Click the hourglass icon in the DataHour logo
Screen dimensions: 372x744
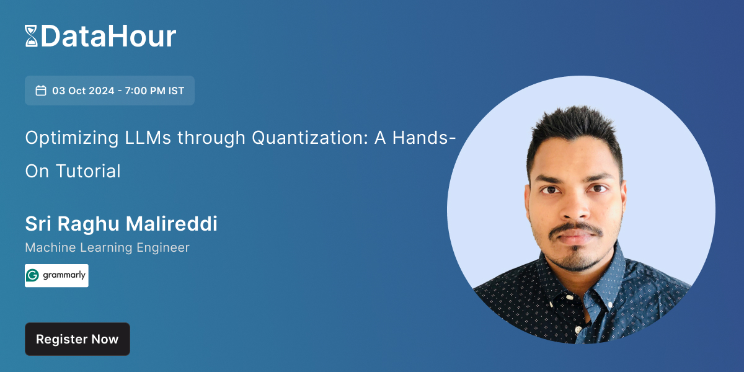31,36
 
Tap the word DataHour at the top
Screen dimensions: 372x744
108,36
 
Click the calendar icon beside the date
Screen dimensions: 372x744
41,91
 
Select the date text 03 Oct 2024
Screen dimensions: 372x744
83,91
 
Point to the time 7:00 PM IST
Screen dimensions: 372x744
154,91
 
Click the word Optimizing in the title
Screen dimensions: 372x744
68,138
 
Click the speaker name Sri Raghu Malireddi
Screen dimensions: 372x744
121,224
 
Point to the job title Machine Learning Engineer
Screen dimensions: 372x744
107,247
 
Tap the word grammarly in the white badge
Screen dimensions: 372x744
64,276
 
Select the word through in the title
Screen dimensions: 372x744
211,138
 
